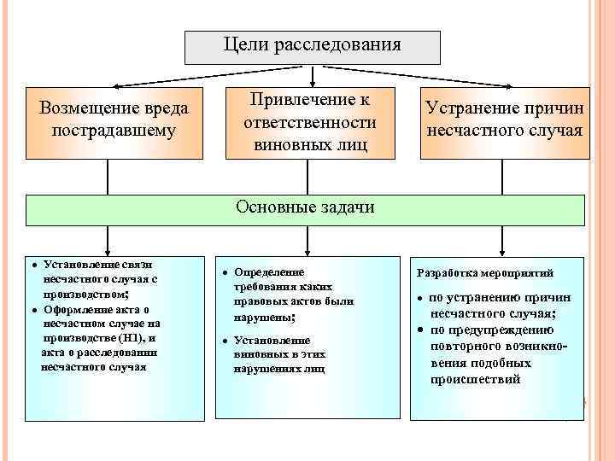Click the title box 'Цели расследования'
[313, 48]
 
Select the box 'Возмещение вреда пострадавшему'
[114, 122]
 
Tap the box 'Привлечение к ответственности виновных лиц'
[311, 122]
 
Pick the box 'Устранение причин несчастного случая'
[504, 122]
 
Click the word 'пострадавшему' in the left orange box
[114, 131]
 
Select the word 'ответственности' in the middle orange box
[310, 122]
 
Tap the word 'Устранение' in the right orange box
[470, 111]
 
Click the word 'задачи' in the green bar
[349, 207]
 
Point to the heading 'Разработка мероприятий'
[484, 273]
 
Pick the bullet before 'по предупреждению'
[421, 328]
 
